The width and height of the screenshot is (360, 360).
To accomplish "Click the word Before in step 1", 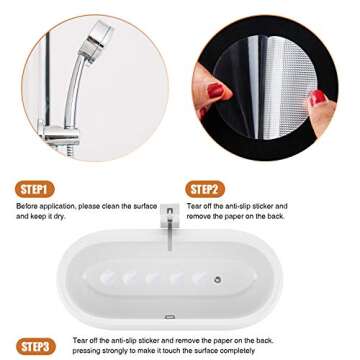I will (27, 205).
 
